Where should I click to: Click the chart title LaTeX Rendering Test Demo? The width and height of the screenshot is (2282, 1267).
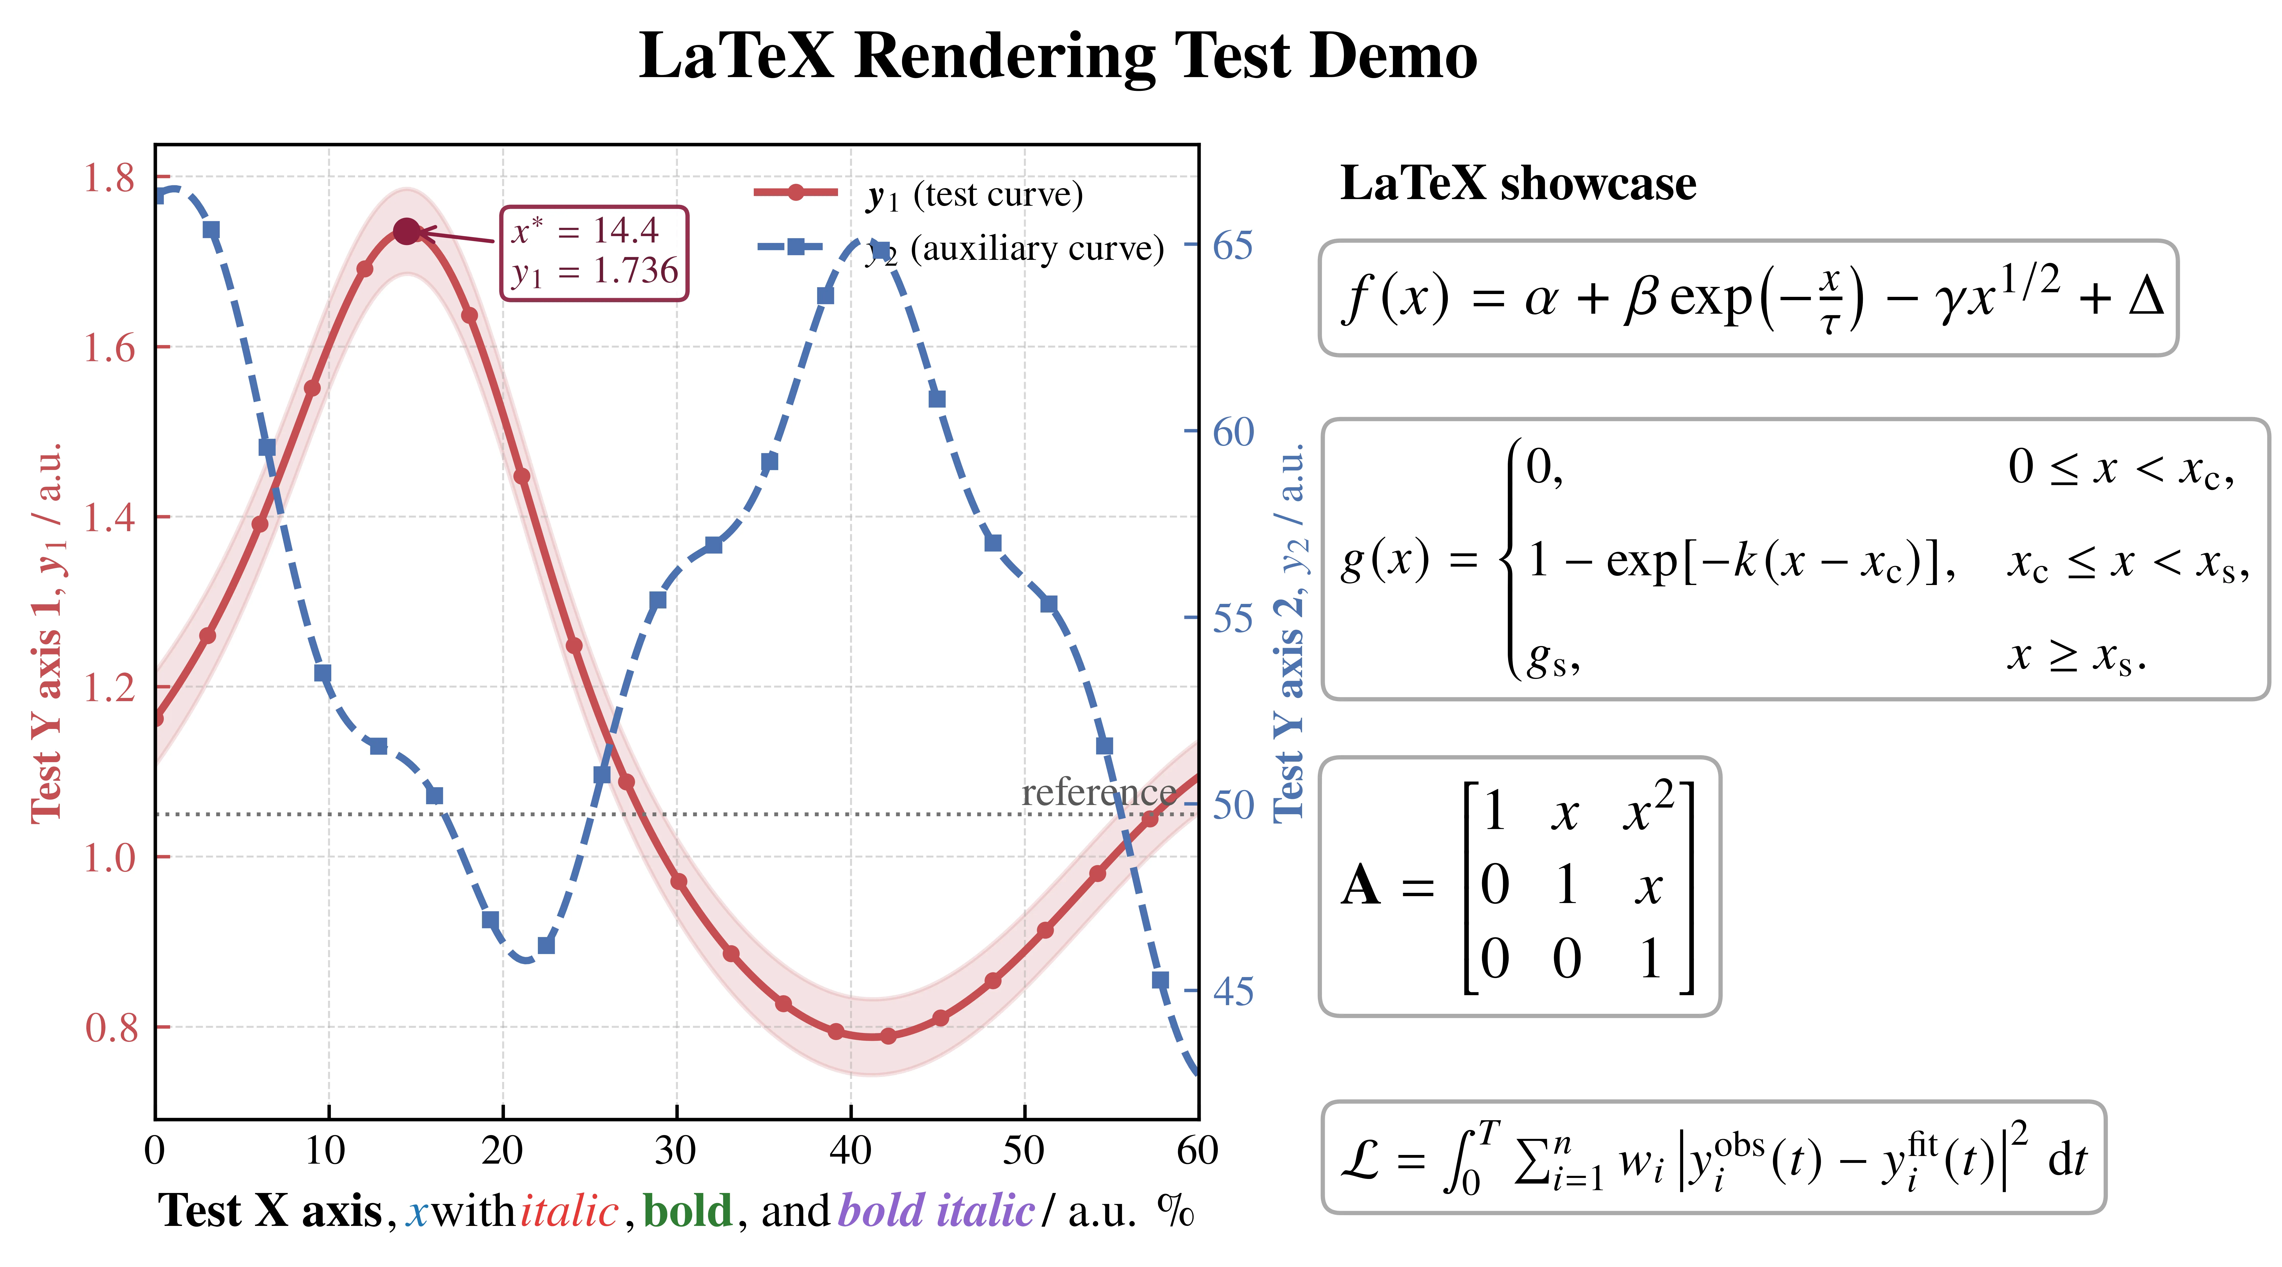1058,57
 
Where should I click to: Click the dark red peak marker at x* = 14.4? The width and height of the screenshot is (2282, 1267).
407,232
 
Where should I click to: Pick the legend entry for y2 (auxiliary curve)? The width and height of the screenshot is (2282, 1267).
960,249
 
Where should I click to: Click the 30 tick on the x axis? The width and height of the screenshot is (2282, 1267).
676,1150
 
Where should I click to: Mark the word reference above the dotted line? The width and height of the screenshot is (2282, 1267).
1098,792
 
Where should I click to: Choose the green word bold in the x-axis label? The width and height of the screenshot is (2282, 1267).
687,1210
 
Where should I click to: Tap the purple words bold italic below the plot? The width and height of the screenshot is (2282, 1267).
936,1210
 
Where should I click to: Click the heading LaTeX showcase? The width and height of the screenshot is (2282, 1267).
1518,184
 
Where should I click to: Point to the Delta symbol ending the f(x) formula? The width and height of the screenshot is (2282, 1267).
2146,297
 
